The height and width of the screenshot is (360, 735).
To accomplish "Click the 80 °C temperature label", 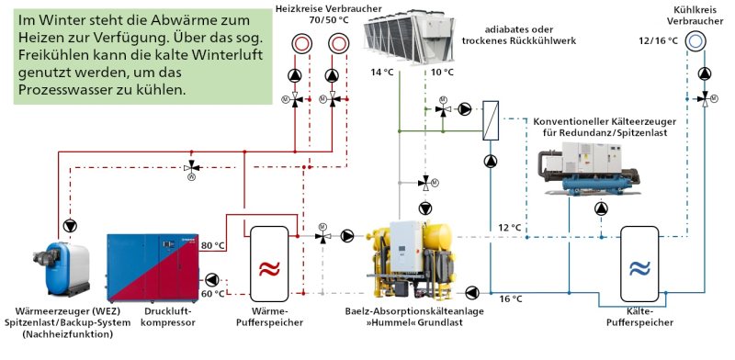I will [x=213, y=245].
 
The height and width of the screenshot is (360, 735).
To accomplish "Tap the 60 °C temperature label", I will [x=213, y=294].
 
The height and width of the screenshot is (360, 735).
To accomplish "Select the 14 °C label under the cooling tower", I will [x=381, y=72].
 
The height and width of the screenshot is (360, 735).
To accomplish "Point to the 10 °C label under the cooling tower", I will [x=443, y=72].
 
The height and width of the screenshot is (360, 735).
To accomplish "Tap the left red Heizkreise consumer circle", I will [x=302, y=42].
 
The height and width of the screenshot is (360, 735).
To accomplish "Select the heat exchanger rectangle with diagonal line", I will [x=490, y=120].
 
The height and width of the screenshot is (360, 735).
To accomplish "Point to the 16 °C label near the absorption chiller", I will [x=511, y=298].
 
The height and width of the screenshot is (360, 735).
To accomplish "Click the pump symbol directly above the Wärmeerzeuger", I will [x=71, y=224].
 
